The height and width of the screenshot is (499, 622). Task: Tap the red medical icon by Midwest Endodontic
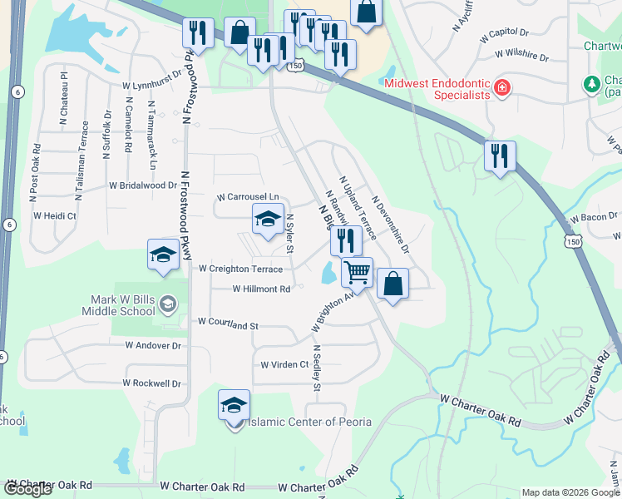tap(501, 87)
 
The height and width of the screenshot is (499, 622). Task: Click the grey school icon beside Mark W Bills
tap(169, 304)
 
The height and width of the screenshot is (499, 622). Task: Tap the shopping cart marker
tap(357, 272)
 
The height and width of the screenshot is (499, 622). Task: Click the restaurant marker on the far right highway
tap(500, 156)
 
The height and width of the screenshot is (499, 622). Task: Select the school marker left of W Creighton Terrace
tap(163, 254)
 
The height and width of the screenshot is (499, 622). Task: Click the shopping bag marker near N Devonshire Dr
tap(393, 284)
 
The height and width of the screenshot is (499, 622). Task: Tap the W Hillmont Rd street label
tap(261, 289)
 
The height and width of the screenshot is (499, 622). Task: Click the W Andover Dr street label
tap(153, 345)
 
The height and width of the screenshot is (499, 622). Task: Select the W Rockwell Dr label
tap(151, 383)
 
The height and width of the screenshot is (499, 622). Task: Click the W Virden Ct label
tap(284, 364)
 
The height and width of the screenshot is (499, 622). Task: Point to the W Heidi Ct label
tap(55, 215)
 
